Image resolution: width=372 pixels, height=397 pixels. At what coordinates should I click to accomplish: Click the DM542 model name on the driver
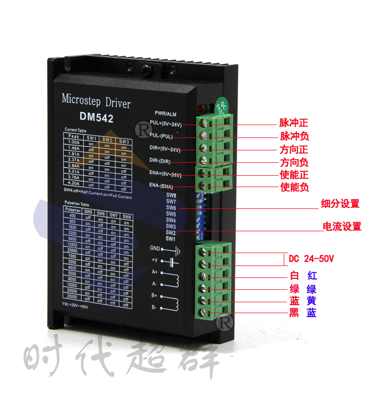tap(96, 118)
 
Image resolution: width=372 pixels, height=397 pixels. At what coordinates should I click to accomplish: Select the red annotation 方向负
tap(294, 162)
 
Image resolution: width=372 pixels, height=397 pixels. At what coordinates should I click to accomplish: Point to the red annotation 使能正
tap(294, 175)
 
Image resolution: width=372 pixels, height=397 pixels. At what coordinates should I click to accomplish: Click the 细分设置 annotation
tap(341, 203)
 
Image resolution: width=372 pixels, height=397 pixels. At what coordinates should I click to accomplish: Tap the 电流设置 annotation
tap(342, 227)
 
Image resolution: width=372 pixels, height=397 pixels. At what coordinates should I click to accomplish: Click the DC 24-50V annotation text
tap(311, 259)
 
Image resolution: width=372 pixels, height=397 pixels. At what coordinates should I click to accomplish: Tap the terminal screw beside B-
tap(203, 313)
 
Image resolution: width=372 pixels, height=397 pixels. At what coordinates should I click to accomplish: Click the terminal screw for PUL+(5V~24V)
tap(203, 122)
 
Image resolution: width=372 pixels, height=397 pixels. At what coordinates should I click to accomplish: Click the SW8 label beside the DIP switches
tap(171, 195)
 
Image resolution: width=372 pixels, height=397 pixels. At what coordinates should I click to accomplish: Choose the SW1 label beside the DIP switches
tap(171, 239)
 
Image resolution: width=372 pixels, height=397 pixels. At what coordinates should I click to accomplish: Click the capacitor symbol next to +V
tap(173, 261)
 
